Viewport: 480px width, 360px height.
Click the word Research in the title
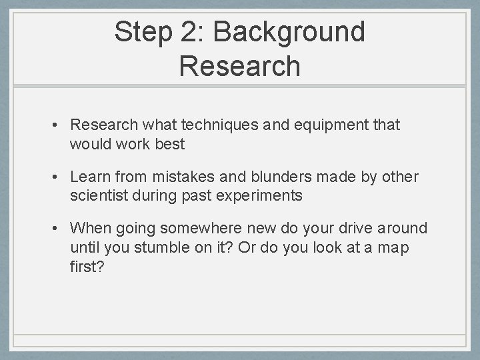[x=240, y=66]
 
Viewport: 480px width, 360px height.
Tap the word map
[x=395, y=248]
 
